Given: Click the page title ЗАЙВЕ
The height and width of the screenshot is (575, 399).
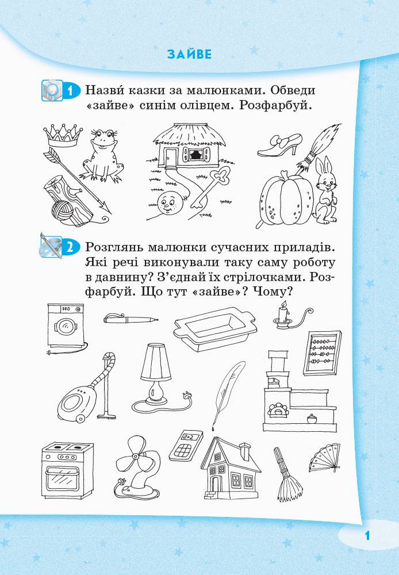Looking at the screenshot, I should [x=189, y=55].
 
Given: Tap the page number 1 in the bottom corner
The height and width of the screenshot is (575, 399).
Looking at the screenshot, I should [x=367, y=535].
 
